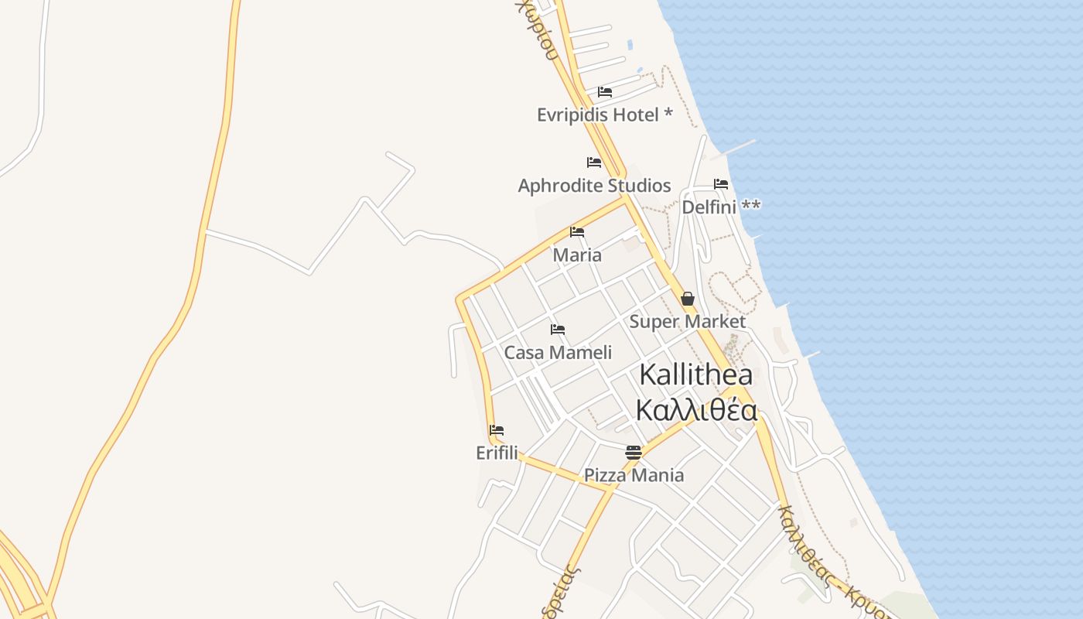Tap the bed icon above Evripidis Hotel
click(605, 92)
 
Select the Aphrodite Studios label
click(594, 186)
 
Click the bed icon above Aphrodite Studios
click(594, 162)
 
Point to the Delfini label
click(709, 207)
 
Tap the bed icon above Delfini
click(721, 184)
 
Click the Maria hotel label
click(577, 255)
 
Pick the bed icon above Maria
click(577, 232)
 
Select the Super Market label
click(687, 321)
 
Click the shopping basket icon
click(687, 299)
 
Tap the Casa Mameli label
click(558, 353)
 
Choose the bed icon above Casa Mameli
click(558, 330)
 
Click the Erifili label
click(497, 453)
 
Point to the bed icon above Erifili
click(497, 430)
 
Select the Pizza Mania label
click(634, 475)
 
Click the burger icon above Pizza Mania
click(634, 452)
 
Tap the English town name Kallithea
click(695, 374)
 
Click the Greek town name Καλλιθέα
click(695, 410)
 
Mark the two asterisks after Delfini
click(751, 206)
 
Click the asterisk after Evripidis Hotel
click(668, 115)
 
